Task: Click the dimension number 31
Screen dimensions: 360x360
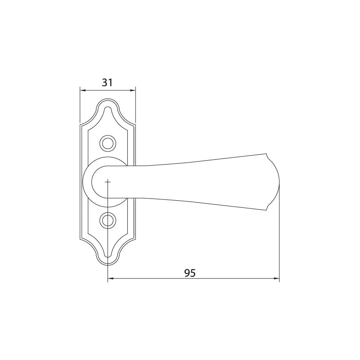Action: coord(107,83)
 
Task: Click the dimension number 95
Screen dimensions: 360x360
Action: coord(190,273)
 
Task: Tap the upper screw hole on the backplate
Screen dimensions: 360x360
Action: coord(108,144)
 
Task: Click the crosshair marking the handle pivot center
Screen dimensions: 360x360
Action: coord(108,182)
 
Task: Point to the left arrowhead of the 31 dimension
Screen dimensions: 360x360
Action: coord(82,90)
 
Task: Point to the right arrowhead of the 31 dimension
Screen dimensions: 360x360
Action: coord(133,90)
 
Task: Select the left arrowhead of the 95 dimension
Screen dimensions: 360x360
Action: coord(110,279)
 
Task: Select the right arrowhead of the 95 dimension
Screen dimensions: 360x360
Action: coord(276,279)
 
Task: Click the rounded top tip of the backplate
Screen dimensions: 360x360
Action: coord(108,99)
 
